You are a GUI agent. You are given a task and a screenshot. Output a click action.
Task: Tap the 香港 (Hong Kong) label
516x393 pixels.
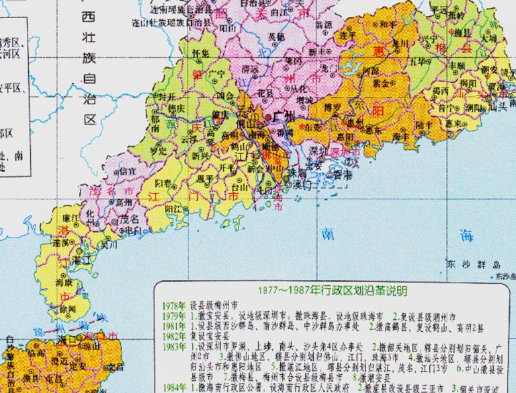coord(343,174)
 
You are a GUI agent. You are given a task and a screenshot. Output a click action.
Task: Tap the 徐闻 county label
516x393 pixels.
coord(67,309)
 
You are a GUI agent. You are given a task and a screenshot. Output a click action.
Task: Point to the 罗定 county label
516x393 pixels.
coord(158,151)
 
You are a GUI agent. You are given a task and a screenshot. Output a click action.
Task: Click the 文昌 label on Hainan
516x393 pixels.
coord(116,367)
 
